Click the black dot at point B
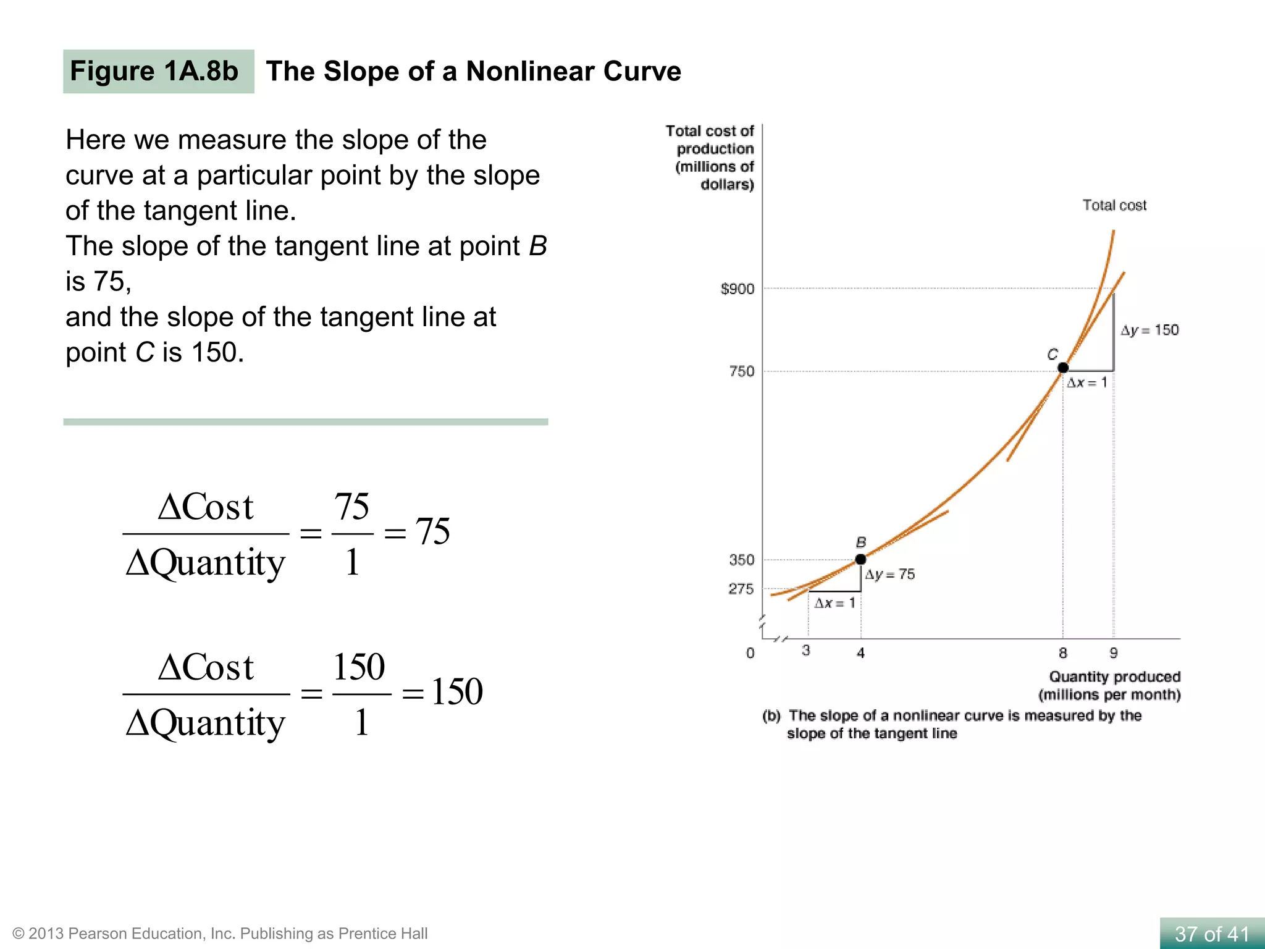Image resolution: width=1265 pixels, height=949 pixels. pyautogui.click(x=860, y=559)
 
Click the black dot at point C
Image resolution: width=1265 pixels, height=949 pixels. pyautogui.click(x=1063, y=368)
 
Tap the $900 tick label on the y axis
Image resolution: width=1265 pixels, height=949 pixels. pyautogui.click(x=738, y=289)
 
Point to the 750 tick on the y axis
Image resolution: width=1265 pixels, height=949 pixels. pyautogui.click(x=742, y=371)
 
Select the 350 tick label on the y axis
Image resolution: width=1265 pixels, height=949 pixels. pyautogui.click(x=742, y=560)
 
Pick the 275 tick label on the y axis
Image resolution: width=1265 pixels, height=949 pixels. pyautogui.click(x=741, y=589)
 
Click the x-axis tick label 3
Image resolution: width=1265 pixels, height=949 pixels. pyautogui.click(x=806, y=650)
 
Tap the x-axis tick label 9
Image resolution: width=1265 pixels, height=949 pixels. pyautogui.click(x=1113, y=652)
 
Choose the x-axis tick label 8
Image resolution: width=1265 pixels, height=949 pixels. pyautogui.click(x=1062, y=652)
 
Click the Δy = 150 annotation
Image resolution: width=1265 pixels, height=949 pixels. pyautogui.click(x=1149, y=330)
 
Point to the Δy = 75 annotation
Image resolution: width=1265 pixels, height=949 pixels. pyautogui.click(x=890, y=574)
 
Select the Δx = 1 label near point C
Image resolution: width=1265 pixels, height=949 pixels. pyautogui.click(x=1087, y=382)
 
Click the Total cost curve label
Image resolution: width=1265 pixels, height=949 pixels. pyautogui.click(x=1114, y=205)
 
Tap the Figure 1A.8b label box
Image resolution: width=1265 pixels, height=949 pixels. pyautogui.click(x=158, y=71)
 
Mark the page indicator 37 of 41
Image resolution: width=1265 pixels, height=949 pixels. pyautogui.click(x=1212, y=934)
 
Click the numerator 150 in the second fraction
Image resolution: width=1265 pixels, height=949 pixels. pyautogui.click(x=359, y=667)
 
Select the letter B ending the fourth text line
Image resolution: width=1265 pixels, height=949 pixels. pyautogui.click(x=537, y=246)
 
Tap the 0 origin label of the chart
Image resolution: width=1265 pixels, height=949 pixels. pyautogui.click(x=750, y=653)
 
